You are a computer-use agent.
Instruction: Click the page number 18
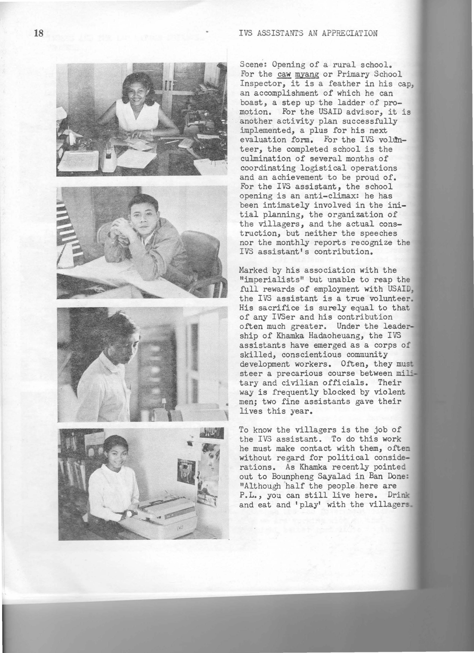pos(38,33)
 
